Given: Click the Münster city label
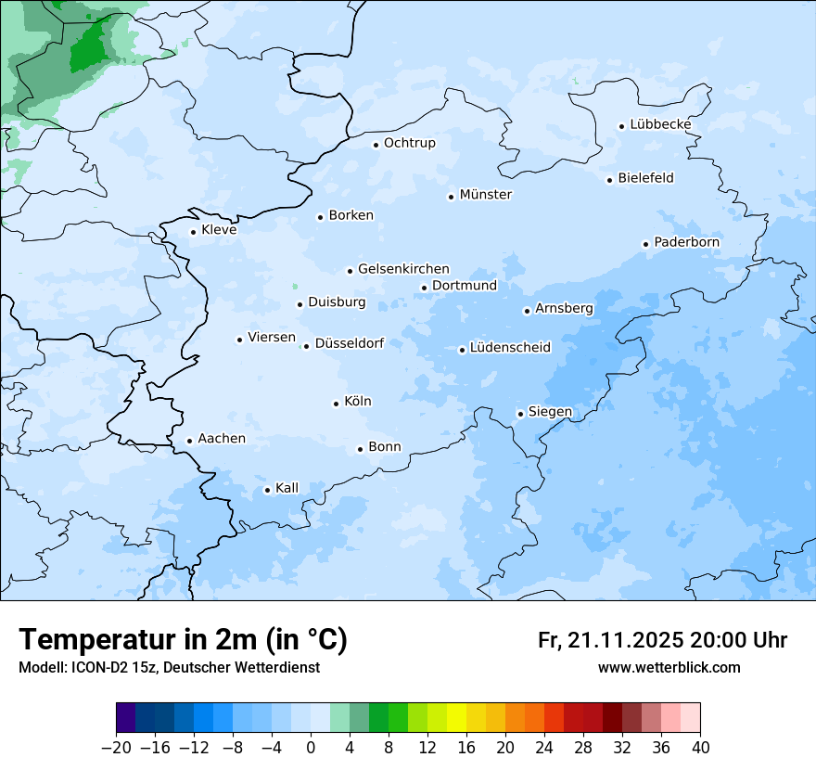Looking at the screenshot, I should pos(486,195).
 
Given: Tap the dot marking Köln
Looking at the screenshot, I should pos(336,404).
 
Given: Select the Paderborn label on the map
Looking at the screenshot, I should pos(686,242).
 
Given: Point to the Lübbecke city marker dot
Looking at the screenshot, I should pos(622,126).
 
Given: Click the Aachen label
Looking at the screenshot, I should pos(222,439).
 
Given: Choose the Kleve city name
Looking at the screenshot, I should pos(219,230).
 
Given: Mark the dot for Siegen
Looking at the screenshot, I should pos(520,414).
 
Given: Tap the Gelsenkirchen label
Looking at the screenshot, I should pos(403,269).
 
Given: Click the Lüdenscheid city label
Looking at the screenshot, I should pos(510,348).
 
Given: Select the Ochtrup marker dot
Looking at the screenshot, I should pos(376,144).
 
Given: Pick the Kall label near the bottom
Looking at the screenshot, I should pos(287,488).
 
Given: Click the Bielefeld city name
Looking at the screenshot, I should pos(645,178).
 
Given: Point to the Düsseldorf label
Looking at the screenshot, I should pos(350,343).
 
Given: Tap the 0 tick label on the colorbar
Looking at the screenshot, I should pos(311,748).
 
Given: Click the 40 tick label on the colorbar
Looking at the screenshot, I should pos(699,748).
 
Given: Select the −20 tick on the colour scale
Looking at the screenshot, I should pos(115,748).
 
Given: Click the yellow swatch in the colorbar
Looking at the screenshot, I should pos(456,718).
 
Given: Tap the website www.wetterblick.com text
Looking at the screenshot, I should pos(669,667).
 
